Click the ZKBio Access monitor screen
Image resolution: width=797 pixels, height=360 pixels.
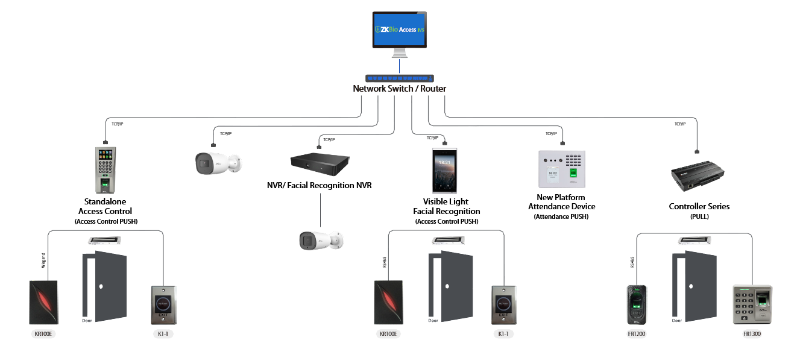pos(398,30)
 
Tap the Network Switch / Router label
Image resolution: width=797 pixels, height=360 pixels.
pos(399,89)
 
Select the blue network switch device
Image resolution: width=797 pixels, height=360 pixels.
pos(399,78)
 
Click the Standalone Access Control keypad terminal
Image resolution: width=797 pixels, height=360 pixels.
pos(105,169)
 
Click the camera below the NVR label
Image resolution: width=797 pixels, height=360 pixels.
pos(320,240)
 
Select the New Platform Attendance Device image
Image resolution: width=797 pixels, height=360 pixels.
pos(561,169)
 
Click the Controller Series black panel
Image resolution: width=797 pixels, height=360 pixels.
pos(698,176)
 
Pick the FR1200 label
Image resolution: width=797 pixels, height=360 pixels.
pos(636,333)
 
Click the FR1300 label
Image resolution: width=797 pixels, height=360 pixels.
pos(751,333)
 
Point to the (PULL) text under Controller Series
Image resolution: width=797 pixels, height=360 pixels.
pos(699,216)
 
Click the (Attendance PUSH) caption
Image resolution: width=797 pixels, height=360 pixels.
pos(561,216)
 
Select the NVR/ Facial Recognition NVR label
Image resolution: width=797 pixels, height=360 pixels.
pos(320,185)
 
